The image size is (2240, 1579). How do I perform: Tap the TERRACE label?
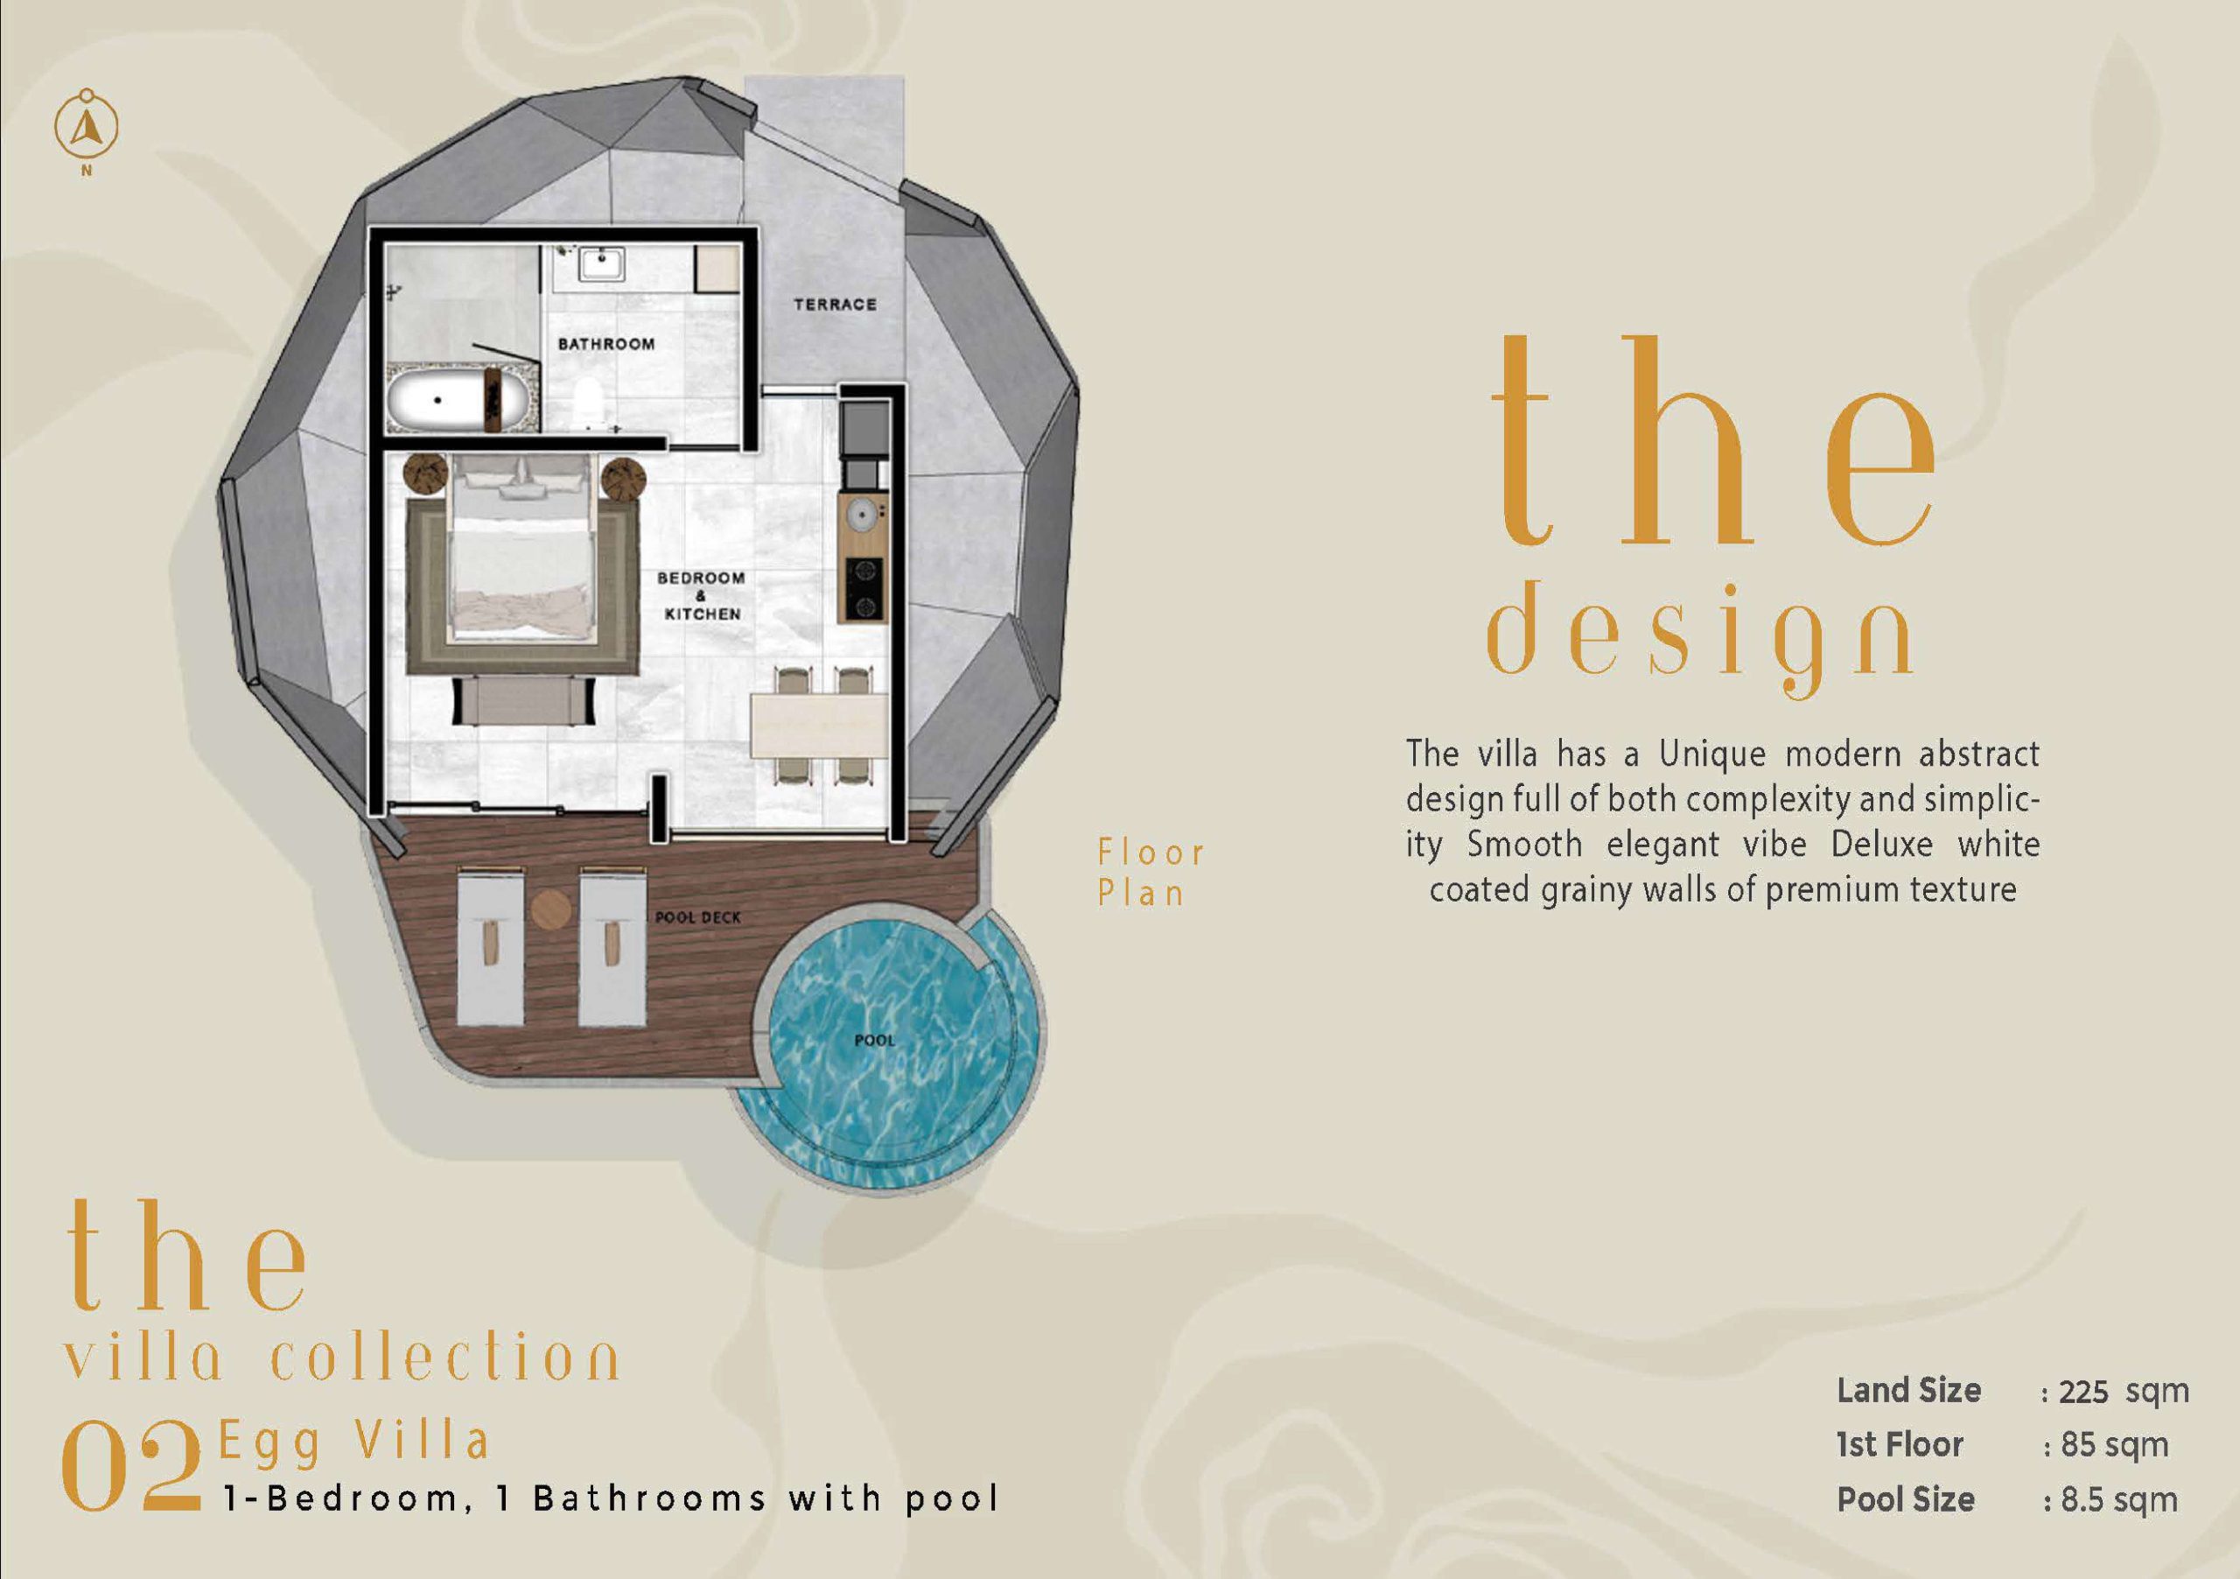click(835, 305)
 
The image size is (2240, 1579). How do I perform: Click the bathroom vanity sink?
click(600, 263)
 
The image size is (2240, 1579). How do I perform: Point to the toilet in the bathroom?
click(588, 402)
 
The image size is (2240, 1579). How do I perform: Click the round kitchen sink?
click(862, 512)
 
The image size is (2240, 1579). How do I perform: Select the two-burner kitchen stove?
click(864, 588)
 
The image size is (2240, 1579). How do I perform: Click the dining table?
click(818, 724)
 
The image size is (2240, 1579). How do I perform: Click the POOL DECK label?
click(697, 917)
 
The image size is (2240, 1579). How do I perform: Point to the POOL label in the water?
click(874, 1041)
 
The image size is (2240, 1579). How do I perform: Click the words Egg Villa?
click(354, 1442)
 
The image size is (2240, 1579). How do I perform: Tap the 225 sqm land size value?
click(2121, 1391)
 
